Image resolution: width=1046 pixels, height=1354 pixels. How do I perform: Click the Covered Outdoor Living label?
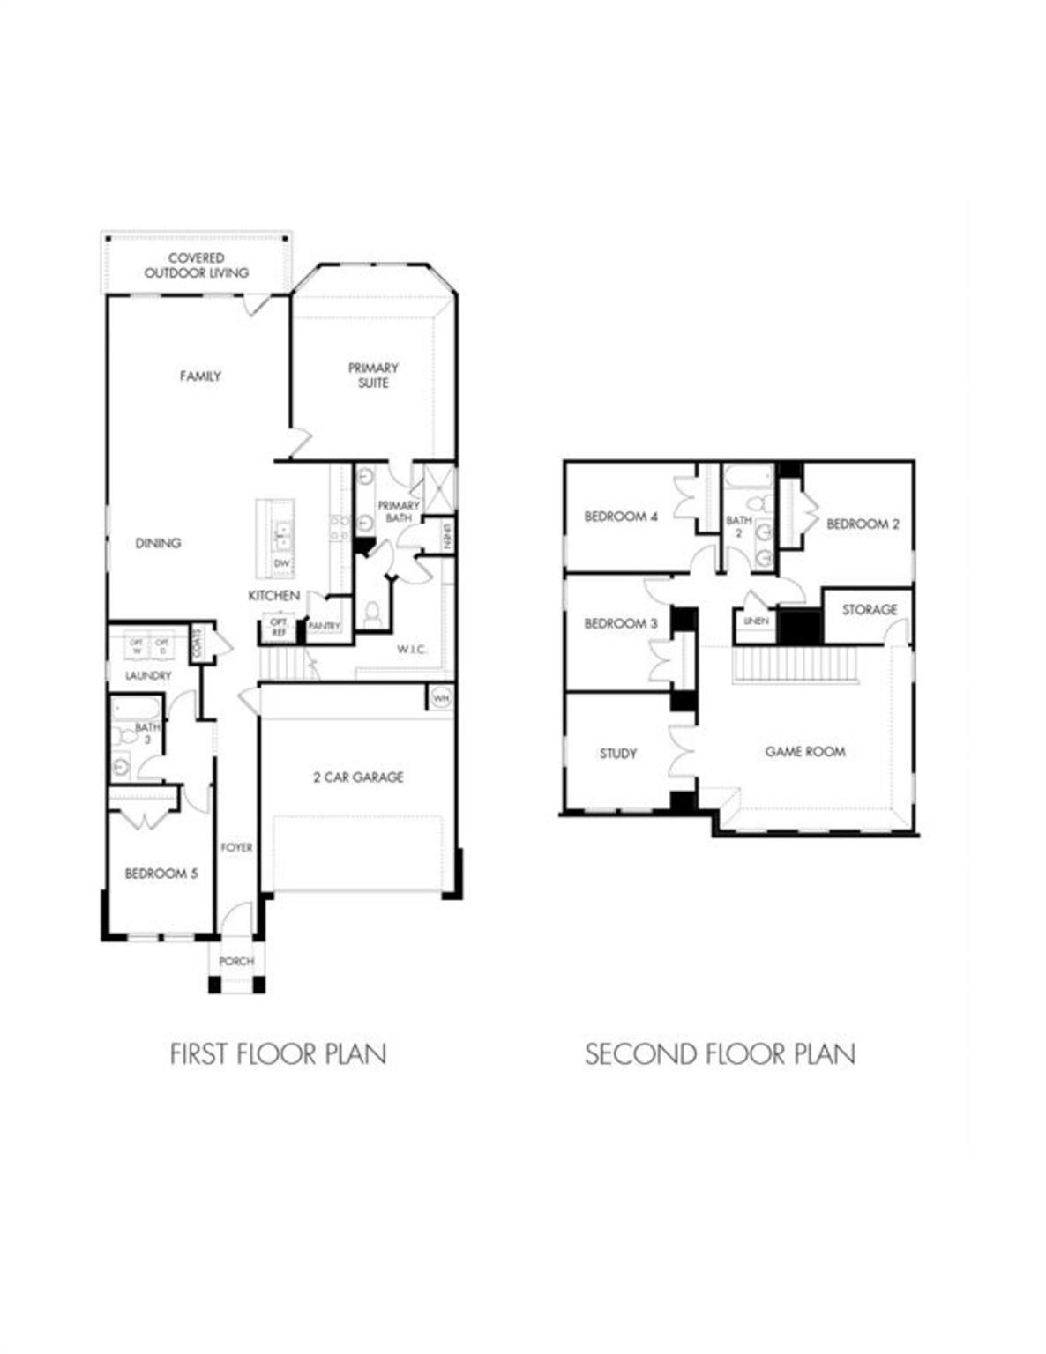click(196, 265)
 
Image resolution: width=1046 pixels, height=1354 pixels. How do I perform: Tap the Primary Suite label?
click(373, 375)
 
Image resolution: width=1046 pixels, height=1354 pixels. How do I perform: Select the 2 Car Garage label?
click(358, 777)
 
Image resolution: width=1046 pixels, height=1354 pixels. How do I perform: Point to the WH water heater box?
click(440, 698)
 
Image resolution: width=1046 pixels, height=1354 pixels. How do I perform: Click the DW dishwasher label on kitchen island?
click(281, 563)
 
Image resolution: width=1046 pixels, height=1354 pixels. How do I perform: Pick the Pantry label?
click(325, 626)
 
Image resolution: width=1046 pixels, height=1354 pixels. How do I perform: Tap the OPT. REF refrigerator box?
click(279, 628)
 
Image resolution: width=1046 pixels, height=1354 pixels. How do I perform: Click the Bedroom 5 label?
click(161, 874)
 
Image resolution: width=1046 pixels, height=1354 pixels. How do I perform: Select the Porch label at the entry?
click(236, 961)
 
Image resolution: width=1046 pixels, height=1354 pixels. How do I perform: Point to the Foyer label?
click(236, 847)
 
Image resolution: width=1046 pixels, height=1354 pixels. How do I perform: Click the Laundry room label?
click(148, 675)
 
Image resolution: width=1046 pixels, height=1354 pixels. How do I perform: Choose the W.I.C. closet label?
click(411, 650)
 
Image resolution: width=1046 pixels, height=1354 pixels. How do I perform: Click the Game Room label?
click(804, 752)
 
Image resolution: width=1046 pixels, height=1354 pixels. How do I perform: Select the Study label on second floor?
click(617, 754)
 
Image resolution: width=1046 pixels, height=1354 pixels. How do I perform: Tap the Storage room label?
click(869, 609)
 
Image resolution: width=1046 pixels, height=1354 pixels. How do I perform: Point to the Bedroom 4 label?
click(621, 517)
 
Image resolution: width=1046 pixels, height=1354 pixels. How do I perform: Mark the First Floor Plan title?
click(278, 1053)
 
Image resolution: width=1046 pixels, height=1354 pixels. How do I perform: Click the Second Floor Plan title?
click(720, 1053)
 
